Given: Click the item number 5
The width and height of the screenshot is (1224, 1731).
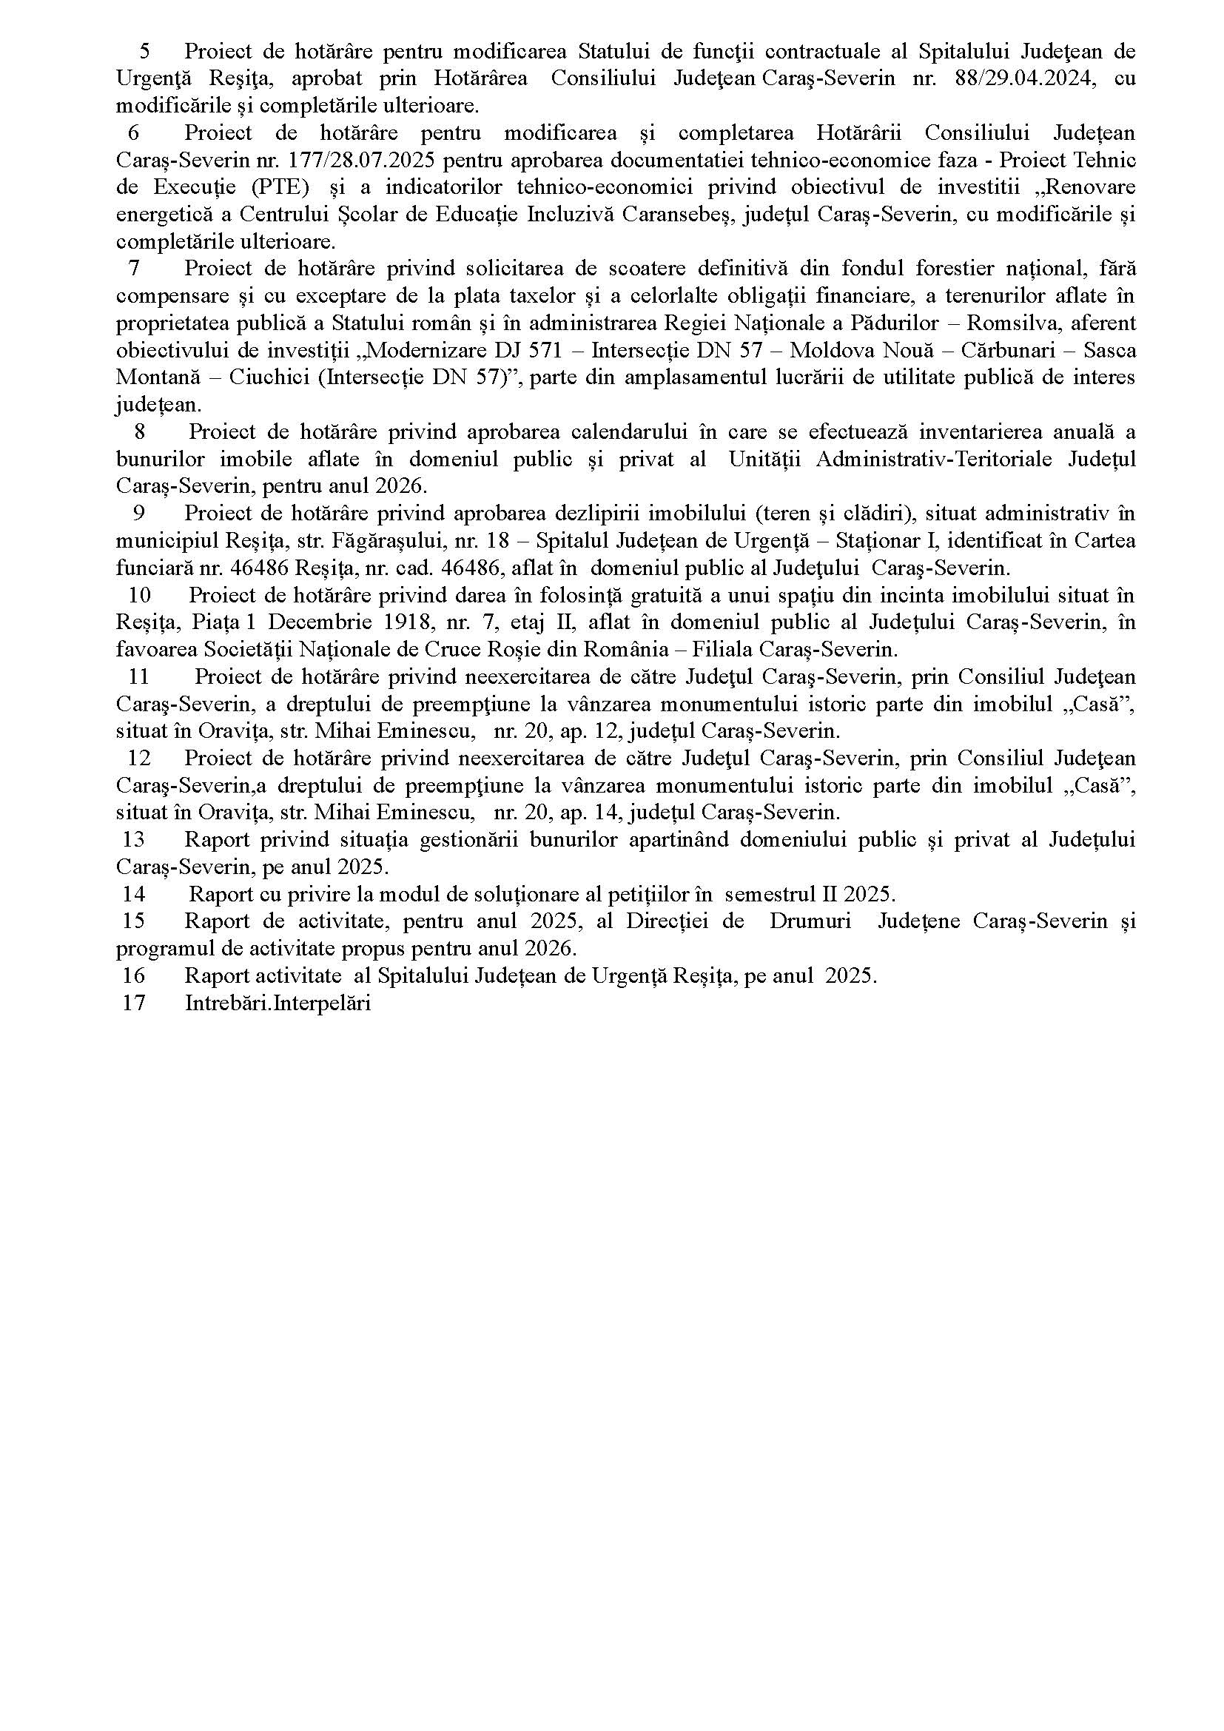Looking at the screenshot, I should pyautogui.click(x=145, y=51).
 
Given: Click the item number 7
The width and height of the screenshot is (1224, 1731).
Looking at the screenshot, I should pyautogui.click(x=135, y=269).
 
